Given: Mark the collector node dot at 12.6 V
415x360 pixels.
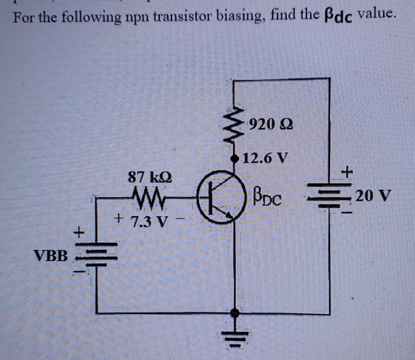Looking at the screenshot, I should (236, 157).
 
